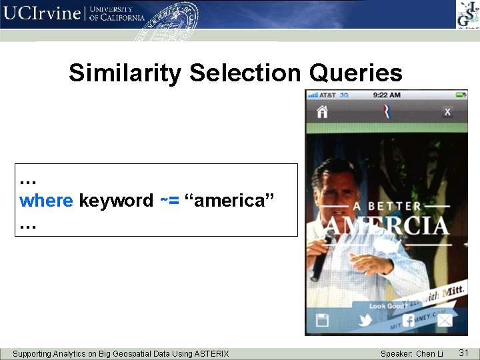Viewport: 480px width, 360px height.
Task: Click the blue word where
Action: tap(47, 201)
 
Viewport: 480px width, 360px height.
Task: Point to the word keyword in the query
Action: tap(116, 201)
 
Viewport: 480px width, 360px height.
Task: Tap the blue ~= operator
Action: tap(169, 201)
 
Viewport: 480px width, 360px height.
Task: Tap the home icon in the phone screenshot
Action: tap(322, 111)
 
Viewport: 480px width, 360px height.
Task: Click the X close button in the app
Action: tap(447, 111)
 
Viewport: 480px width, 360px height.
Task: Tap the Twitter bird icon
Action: tap(365, 320)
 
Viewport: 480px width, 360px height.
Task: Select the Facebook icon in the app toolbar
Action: tap(407, 320)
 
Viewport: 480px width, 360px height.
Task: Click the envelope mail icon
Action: tap(445, 321)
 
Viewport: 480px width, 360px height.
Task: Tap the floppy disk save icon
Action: tap(322, 320)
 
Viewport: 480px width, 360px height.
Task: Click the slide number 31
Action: tap(464, 353)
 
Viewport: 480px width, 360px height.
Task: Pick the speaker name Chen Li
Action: tap(429, 353)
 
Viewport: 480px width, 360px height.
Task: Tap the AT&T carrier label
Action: tap(327, 95)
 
